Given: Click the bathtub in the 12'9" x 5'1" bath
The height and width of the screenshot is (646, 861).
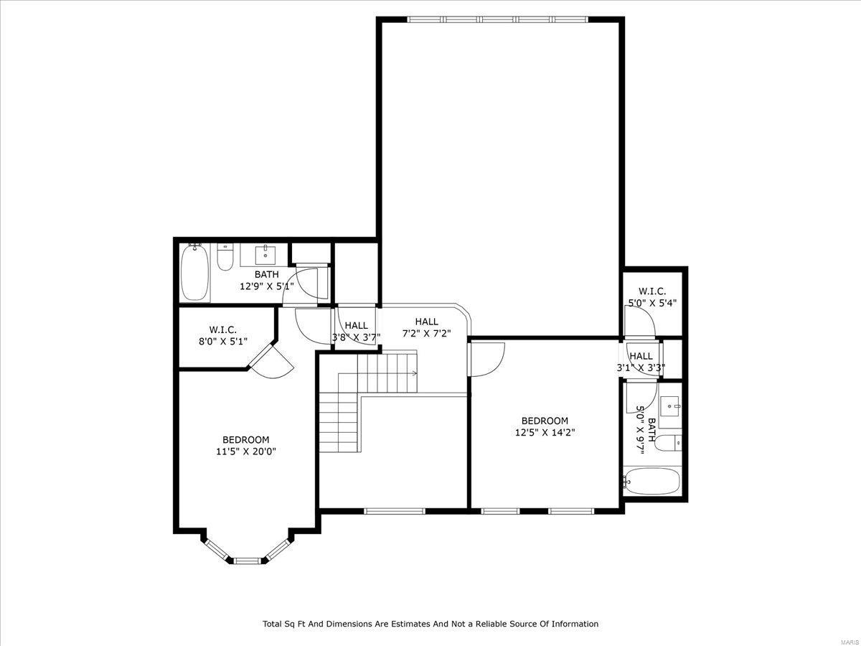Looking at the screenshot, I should tap(195, 273).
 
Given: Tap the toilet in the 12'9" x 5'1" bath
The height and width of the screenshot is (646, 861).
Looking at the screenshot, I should tap(225, 258).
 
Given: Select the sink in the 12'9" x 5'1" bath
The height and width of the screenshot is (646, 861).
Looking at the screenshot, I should tap(266, 253).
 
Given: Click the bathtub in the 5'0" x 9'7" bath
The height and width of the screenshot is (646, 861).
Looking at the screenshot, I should tap(651, 482).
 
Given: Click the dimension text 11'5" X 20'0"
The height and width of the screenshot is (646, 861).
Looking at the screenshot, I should tap(246, 451).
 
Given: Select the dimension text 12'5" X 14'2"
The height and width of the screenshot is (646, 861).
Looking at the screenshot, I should tap(545, 432).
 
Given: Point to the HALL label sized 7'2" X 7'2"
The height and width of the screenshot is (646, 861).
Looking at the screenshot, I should tap(426, 333).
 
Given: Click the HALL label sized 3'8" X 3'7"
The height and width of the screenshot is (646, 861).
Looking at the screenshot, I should tap(355, 337).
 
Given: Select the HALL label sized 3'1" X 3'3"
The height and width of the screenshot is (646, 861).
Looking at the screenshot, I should tap(641, 368).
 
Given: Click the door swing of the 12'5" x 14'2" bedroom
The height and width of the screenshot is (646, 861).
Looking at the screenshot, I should tap(486, 358).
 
